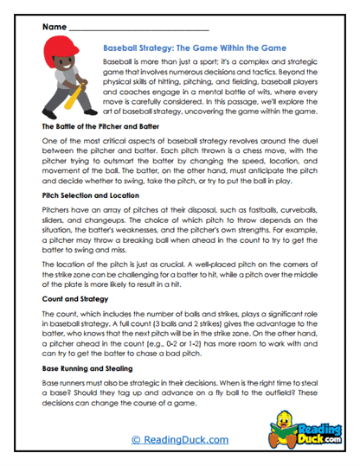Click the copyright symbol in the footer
[136, 440]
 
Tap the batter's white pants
[62, 95]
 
